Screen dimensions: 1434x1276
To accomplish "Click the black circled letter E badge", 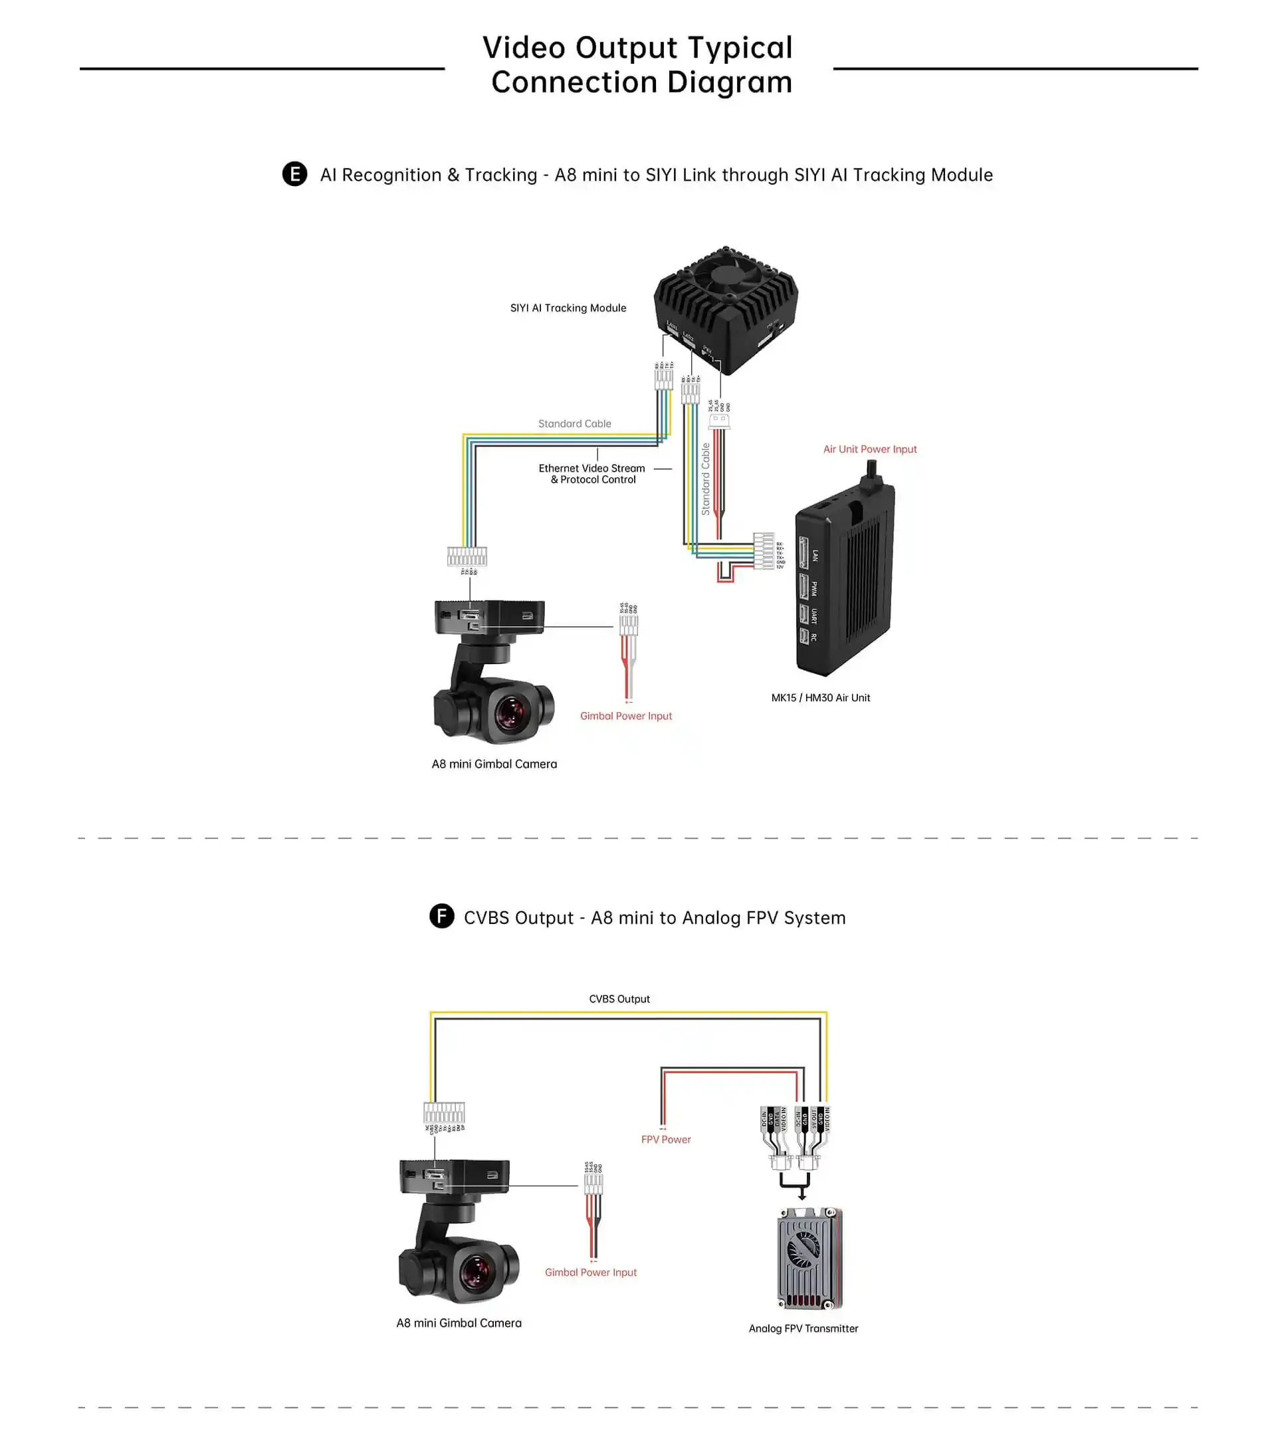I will coord(295,174).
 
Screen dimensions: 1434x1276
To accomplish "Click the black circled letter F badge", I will coord(441,916).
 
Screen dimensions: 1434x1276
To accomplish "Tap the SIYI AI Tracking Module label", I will coord(568,308).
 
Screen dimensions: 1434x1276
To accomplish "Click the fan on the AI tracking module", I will coord(726,274).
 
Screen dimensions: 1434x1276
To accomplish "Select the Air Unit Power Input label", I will coord(870,449).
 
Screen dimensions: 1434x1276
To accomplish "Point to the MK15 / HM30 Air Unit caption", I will coord(821,697).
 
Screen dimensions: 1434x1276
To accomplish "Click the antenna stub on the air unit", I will coord(872,472).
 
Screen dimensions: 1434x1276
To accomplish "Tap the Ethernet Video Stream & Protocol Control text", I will coord(592,474).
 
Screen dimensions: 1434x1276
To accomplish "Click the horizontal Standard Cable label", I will coord(574,424).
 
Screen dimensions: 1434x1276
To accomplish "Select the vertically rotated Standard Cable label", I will coord(705,479).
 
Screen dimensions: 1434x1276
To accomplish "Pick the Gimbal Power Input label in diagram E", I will coord(625,715).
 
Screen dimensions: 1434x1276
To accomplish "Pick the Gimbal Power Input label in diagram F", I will coord(590,1272).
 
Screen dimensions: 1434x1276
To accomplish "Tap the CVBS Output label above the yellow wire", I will coord(619,999).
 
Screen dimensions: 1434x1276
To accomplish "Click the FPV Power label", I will coord(665,1139).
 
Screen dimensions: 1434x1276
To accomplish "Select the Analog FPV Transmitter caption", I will coord(803,1328).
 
